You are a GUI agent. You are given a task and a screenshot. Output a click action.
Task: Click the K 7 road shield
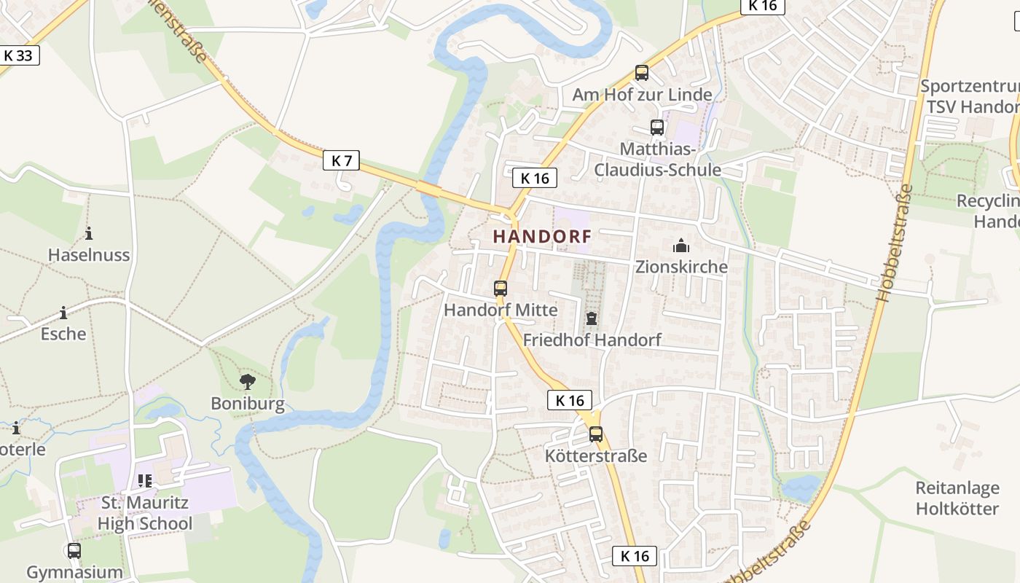pos(341,160)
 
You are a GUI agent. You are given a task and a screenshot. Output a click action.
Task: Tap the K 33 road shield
pos(18,55)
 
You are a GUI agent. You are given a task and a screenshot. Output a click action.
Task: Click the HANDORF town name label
pos(542,236)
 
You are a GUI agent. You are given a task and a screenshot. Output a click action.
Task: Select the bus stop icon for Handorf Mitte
pos(500,288)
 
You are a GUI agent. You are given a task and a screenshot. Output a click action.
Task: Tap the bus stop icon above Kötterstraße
pos(596,434)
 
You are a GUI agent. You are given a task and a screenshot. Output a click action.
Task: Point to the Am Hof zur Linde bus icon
pos(641,73)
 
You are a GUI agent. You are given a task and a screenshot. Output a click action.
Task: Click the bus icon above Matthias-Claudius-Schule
pos(657,128)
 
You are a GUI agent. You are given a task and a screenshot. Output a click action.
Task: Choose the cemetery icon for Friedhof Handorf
pos(591,318)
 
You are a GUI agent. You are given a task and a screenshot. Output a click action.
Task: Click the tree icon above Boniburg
pos(248,381)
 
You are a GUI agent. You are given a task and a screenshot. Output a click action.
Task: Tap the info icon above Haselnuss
pos(89,233)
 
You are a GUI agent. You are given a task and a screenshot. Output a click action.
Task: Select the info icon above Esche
pos(63,313)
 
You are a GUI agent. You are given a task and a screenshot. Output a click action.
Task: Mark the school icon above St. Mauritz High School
pos(144,481)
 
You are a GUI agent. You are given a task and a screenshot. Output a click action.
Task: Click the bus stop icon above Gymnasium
pos(74,550)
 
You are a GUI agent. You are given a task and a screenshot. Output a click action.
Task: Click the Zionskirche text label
pos(681,267)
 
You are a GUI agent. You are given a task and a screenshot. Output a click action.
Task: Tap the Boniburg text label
pos(248,404)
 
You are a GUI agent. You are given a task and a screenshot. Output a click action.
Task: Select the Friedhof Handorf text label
pos(592,340)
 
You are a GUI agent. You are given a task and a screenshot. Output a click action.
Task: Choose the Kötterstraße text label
pos(596,456)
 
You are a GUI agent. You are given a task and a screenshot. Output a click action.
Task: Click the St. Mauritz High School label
pos(144,513)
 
